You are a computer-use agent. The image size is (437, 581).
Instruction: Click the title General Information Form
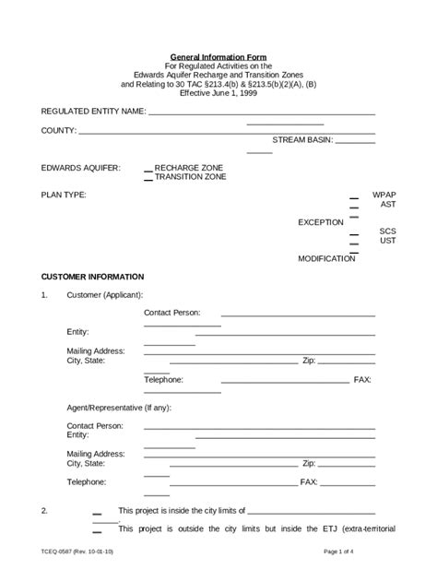(x=218, y=57)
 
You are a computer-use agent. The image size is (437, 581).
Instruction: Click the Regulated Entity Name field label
(x=94, y=112)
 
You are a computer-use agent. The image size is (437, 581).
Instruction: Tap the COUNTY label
(x=58, y=131)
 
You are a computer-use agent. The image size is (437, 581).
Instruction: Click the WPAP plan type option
(x=384, y=196)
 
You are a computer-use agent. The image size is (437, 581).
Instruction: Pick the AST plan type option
(x=388, y=205)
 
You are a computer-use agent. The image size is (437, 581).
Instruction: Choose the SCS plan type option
(x=387, y=231)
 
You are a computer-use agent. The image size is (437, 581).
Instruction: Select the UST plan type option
(x=387, y=241)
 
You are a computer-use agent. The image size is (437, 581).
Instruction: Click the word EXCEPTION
(x=321, y=222)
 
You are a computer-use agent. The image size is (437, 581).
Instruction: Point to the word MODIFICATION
(x=326, y=259)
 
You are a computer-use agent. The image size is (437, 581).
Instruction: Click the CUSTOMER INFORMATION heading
(x=92, y=277)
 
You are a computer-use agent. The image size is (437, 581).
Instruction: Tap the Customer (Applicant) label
(x=104, y=295)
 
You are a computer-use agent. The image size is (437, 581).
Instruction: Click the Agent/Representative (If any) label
(x=118, y=408)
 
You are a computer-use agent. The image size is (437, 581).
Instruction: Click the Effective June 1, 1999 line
(x=218, y=93)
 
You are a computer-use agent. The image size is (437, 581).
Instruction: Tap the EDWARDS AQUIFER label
(x=80, y=168)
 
